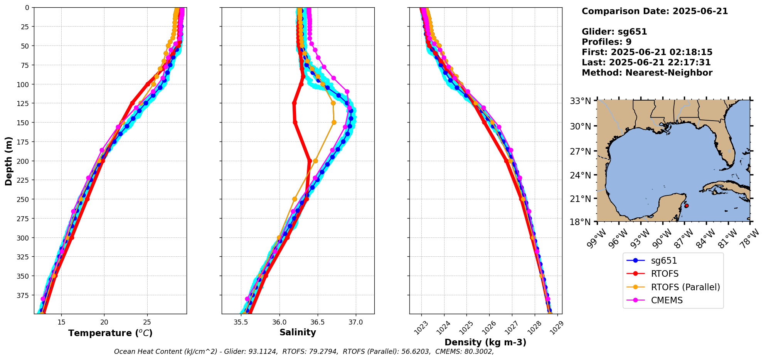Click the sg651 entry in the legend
pyautogui.click(x=663, y=261)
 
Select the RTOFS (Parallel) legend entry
pyautogui.click(x=685, y=287)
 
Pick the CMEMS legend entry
pyautogui.click(x=667, y=300)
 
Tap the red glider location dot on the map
pyautogui.click(x=687, y=206)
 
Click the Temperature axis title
pyautogui.click(x=110, y=333)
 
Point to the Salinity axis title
pyautogui.click(x=298, y=332)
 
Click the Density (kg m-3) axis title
pyautogui.click(x=485, y=342)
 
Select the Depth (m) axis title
pyautogui.click(x=8, y=161)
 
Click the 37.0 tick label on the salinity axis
pyautogui.click(x=355, y=322)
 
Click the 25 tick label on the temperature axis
pyautogui.click(x=147, y=322)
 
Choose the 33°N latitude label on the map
pyautogui.click(x=581, y=101)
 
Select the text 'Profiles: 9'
pyautogui.click(x=606, y=42)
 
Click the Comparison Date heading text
pyautogui.click(x=655, y=11)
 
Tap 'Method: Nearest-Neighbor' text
pyautogui.click(x=647, y=73)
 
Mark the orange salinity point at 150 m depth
pyautogui.click(x=334, y=123)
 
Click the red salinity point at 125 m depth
pyautogui.click(x=294, y=103)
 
